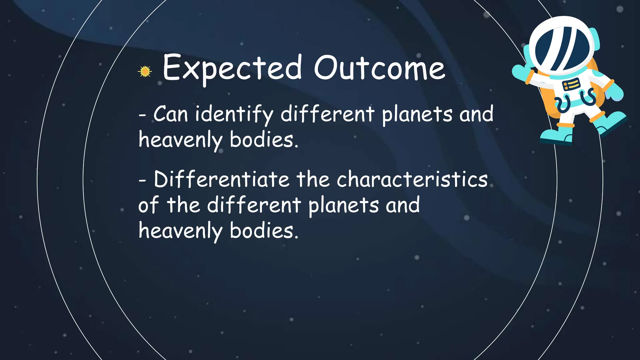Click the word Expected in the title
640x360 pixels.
[x=232, y=68]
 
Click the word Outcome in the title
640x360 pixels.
[x=379, y=68]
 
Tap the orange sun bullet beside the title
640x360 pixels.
[x=145, y=72]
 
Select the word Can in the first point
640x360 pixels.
[x=170, y=114]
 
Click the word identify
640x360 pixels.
[x=234, y=114]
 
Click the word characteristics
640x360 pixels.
[x=412, y=180]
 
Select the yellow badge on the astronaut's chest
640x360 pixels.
[x=571, y=84]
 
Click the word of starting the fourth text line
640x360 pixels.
[x=149, y=205]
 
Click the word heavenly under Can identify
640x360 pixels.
[x=180, y=140]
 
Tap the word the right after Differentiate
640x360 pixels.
[x=313, y=180]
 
